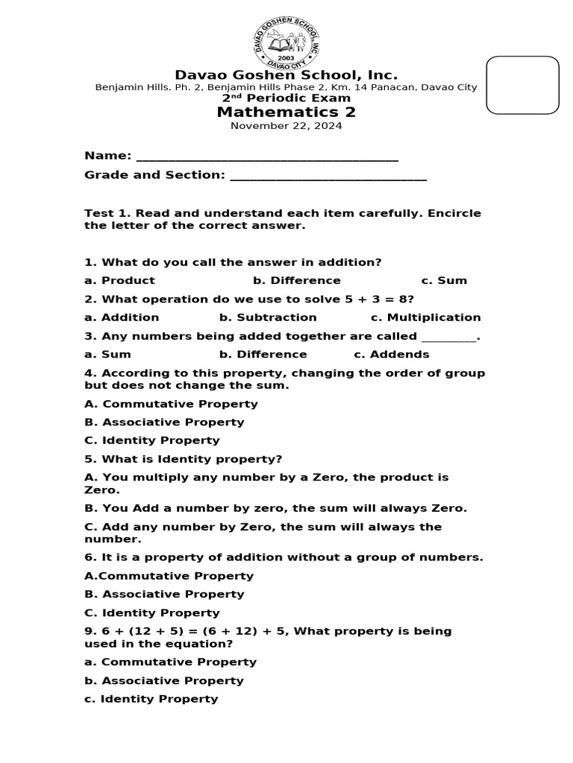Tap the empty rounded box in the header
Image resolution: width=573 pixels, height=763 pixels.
(x=522, y=85)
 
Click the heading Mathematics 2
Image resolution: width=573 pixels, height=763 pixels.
(x=286, y=113)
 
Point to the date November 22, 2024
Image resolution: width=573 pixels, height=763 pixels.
(x=286, y=126)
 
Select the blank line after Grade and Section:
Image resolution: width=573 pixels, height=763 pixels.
(x=328, y=177)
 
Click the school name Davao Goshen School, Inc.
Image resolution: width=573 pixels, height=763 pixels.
(x=286, y=75)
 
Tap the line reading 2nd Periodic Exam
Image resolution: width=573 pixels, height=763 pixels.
(x=286, y=98)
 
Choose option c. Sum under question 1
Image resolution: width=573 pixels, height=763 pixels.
(x=444, y=281)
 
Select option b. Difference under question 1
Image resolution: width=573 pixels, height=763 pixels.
(x=296, y=281)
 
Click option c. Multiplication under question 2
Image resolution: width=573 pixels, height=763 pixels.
(x=426, y=317)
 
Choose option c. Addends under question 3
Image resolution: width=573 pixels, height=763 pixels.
(x=391, y=355)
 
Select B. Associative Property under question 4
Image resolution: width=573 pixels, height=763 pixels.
(x=164, y=422)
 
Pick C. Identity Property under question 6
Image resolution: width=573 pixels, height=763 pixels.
(x=152, y=613)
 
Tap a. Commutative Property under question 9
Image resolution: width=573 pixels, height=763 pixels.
(x=170, y=662)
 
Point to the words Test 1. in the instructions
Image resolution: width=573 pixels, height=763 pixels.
(x=107, y=214)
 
